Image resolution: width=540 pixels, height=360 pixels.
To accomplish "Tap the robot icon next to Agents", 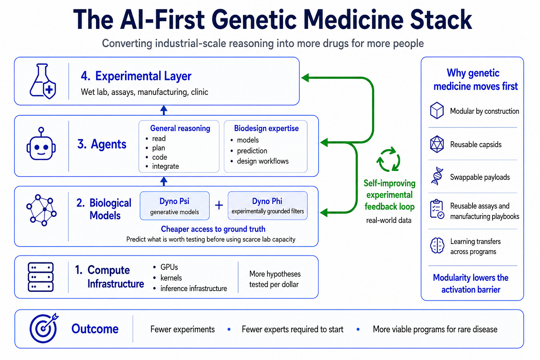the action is pyautogui.click(x=41, y=144).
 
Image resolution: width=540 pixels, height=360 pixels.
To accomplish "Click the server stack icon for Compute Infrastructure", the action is pyautogui.click(x=41, y=277).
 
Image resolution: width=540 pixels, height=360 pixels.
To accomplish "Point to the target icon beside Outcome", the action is pyautogui.click(x=44, y=328).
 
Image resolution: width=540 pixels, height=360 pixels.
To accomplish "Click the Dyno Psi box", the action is pyautogui.click(x=175, y=205).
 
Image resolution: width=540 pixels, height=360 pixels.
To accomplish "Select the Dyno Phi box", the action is pyautogui.click(x=268, y=205).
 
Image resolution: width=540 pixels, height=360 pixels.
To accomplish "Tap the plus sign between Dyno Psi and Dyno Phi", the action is pyautogui.click(x=219, y=205).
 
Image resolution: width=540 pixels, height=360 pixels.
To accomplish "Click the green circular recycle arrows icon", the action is pyautogui.click(x=388, y=159).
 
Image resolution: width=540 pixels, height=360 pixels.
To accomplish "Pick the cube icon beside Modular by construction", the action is pyautogui.click(x=437, y=110).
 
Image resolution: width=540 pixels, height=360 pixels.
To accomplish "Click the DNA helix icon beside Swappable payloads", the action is pyautogui.click(x=437, y=176).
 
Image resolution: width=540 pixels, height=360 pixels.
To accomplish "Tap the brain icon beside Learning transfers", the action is pyautogui.click(x=437, y=245).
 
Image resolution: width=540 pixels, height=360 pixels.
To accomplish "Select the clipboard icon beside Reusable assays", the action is pyautogui.click(x=437, y=209).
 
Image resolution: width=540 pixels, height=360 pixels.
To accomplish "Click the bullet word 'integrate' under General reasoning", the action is pyautogui.click(x=165, y=166).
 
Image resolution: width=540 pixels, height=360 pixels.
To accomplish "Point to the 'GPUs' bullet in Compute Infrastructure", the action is pyautogui.click(x=169, y=267).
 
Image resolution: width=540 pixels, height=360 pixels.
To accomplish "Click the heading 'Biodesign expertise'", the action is pyautogui.click(x=266, y=128).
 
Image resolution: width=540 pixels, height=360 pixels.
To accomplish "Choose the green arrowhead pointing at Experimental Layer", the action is pyautogui.click(x=305, y=77).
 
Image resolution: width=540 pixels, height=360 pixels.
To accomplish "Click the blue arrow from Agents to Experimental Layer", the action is pyautogui.click(x=164, y=110).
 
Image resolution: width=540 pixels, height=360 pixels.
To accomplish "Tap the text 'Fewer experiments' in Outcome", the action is pyautogui.click(x=182, y=329).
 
